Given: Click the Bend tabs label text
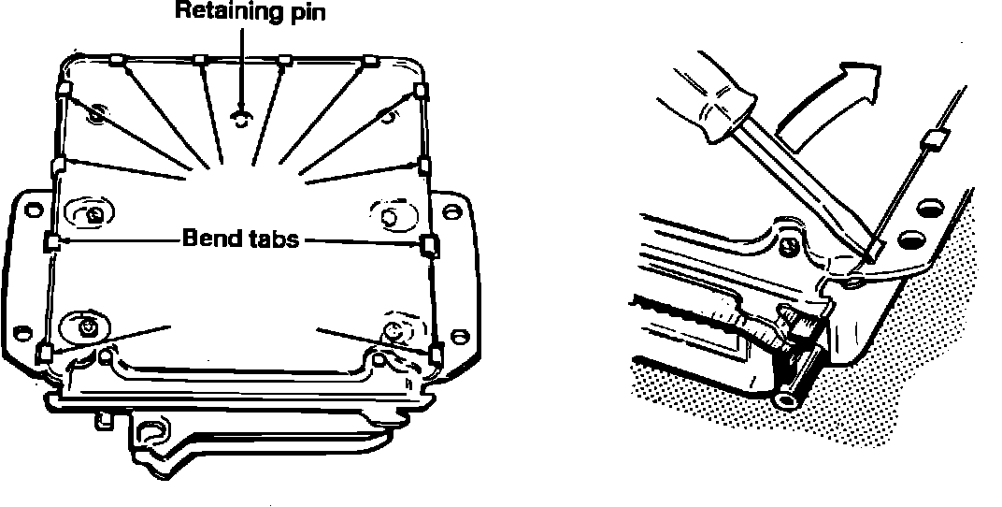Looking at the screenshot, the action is [239, 239].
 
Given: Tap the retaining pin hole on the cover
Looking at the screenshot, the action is [241, 116].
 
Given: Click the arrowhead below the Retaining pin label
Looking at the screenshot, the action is [241, 104].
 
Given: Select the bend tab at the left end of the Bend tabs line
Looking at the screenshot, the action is [52, 243].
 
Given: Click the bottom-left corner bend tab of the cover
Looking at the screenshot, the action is [43, 353].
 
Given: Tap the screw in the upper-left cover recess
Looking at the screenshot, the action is [97, 114].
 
